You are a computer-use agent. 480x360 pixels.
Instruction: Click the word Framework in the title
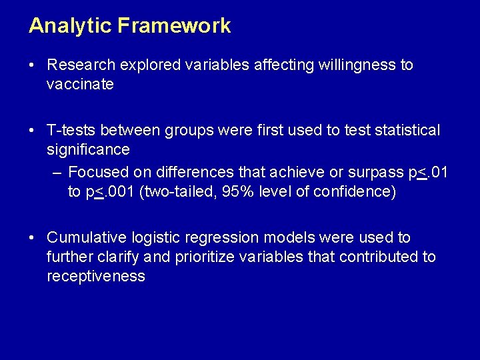pos(175,26)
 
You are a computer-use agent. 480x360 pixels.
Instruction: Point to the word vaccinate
pos(80,85)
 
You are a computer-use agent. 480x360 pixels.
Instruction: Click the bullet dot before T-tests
pos(32,130)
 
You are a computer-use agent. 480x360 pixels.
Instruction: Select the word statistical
pos(401,130)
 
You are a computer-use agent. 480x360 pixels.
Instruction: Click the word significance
pos(88,149)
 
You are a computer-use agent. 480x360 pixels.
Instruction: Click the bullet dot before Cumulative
pos(32,237)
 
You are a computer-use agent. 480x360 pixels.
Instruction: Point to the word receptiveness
pos(95,277)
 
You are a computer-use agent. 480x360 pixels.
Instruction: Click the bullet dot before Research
pos(32,65)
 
